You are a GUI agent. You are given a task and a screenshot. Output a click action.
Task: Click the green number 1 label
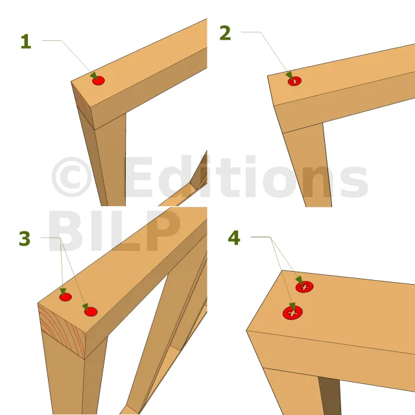(26, 41)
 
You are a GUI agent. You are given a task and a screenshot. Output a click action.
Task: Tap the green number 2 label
(225, 33)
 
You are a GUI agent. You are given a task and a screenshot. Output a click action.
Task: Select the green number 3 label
(25, 239)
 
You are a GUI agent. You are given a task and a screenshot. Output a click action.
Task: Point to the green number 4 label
(234, 238)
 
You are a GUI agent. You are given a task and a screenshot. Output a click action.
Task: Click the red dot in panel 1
(99, 80)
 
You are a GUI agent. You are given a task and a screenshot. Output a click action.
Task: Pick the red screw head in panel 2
(294, 81)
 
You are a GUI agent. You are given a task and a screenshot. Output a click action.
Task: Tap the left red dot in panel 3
(65, 297)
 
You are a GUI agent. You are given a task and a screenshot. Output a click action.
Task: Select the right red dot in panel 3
(91, 311)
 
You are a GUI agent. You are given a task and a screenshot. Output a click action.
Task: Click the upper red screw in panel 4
(304, 287)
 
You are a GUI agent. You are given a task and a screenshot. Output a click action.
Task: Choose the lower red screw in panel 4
(292, 313)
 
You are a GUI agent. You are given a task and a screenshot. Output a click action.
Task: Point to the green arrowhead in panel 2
(290, 75)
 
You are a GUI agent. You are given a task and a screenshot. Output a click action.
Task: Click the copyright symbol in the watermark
(72, 177)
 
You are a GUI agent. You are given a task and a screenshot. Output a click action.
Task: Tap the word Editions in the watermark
(246, 176)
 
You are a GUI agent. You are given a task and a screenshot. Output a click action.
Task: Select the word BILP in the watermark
(114, 231)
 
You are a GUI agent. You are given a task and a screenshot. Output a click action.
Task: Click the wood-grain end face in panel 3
(62, 331)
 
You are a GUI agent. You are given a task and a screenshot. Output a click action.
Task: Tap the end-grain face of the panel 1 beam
(82, 105)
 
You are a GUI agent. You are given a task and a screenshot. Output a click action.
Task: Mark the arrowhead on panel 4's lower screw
(292, 307)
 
